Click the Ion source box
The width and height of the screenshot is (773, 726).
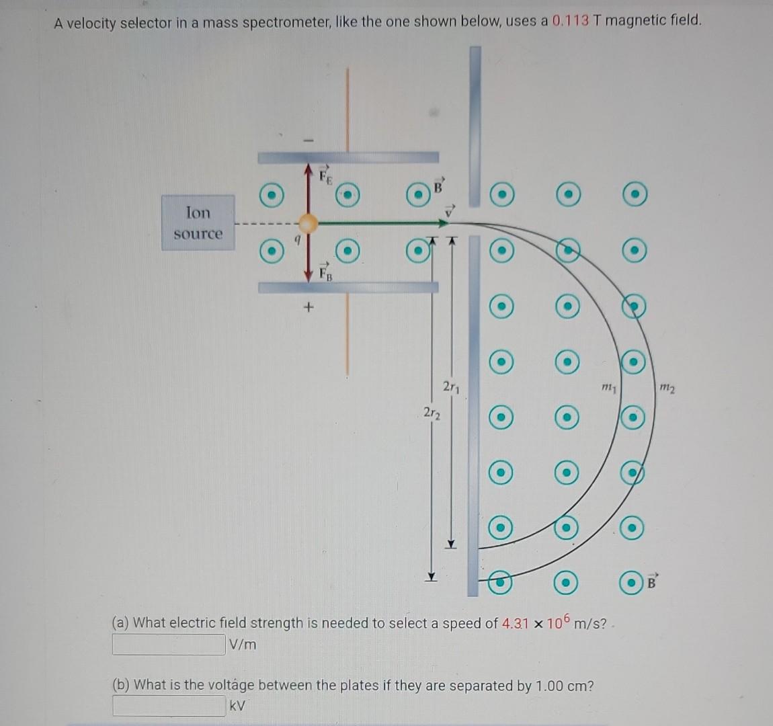(x=198, y=223)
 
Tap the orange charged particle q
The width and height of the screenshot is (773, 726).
(x=308, y=223)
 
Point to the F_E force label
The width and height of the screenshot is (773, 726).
(x=325, y=177)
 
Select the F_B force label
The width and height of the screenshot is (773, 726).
(x=325, y=272)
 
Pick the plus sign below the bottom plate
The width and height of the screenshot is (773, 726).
(x=309, y=308)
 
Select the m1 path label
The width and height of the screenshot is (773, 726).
(x=609, y=387)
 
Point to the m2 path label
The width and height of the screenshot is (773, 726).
(x=667, y=387)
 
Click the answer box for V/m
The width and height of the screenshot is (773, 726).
(x=168, y=644)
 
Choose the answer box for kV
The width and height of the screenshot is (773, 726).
(x=168, y=706)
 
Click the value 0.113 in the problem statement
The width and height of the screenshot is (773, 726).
(x=571, y=21)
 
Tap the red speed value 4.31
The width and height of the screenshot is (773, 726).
(x=516, y=623)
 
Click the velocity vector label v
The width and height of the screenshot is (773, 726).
(x=450, y=210)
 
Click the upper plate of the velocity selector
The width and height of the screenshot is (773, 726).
(x=348, y=158)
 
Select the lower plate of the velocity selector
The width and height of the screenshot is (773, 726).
(x=348, y=287)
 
